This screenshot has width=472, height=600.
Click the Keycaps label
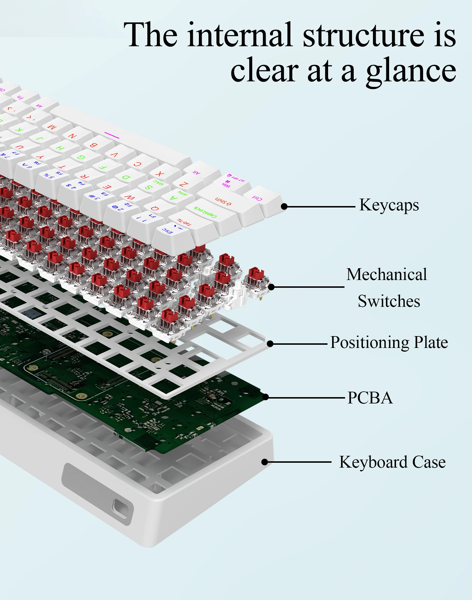point(389,205)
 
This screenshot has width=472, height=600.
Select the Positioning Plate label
point(389,342)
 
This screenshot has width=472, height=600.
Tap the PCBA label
point(370,398)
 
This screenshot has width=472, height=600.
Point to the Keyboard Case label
point(392,462)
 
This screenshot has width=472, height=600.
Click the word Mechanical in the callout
point(387,274)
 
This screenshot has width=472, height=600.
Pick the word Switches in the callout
point(389,301)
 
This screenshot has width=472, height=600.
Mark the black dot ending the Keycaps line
point(284,206)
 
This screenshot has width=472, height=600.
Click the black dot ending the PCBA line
point(266,397)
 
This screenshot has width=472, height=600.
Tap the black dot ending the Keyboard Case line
point(265,462)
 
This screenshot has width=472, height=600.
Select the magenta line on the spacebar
point(112,135)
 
